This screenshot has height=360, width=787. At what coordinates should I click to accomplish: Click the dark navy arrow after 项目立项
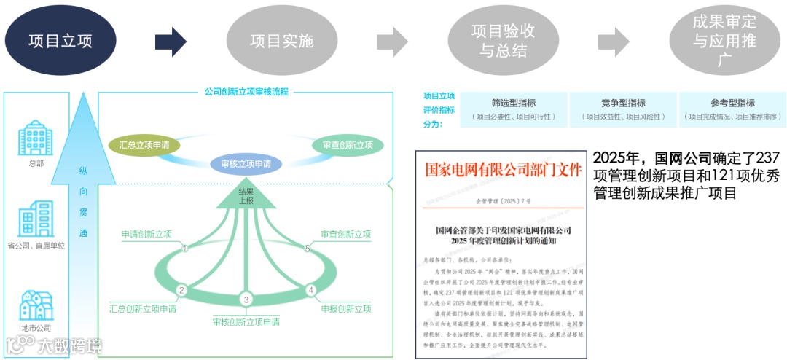pyautogui.click(x=171, y=41)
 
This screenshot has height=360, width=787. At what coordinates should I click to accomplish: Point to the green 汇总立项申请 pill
pyautogui.click(x=145, y=145)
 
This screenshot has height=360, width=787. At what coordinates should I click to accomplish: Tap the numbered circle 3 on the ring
pyautogui.click(x=246, y=300)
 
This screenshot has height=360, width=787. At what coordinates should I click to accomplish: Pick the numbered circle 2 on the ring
pyautogui.click(x=182, y=290)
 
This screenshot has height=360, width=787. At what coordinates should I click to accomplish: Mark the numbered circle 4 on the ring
pyautogui.click(x=310, y=290)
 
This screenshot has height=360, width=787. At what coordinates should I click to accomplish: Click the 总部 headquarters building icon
pyautogui.click(x=35, y=138)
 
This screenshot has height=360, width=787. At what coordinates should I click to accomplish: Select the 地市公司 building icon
pyautogui.click(x=36, y=305)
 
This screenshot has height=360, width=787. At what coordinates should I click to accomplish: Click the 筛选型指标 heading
pyautogui.click(x=514, y=103)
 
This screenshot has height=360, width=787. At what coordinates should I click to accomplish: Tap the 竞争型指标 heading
pyautogui.click(x=622, y=103)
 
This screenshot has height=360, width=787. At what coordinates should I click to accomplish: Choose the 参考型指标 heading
pyautogui.click(x=732, y=103)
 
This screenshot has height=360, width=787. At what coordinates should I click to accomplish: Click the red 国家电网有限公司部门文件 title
pyautogui.click(x=499, y=170)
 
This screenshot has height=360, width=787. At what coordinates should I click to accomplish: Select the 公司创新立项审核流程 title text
pyautogui.click(x=246, y=92)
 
